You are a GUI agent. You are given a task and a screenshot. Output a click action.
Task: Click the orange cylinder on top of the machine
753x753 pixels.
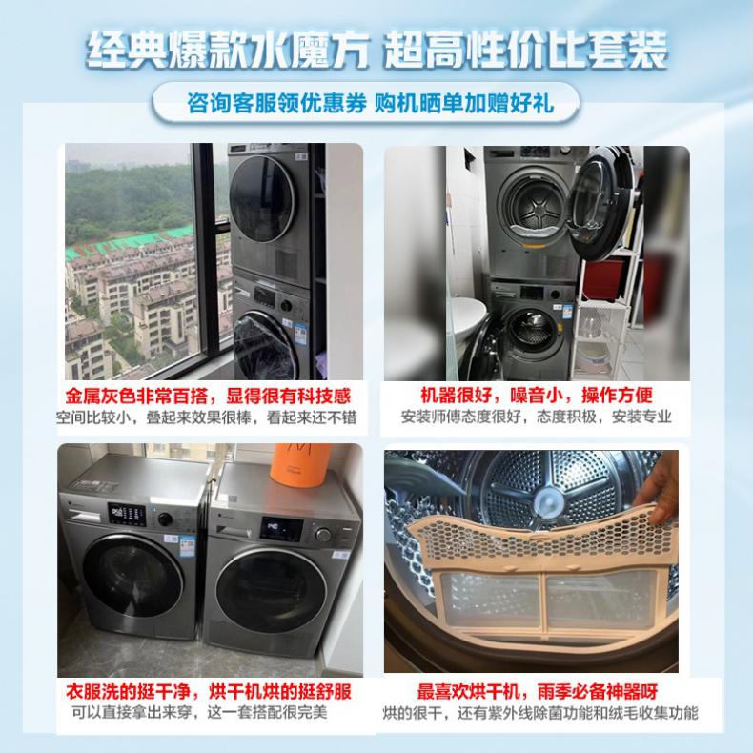click(300, 464)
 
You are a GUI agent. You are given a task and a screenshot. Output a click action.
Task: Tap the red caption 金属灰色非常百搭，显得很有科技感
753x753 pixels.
click(209, 397)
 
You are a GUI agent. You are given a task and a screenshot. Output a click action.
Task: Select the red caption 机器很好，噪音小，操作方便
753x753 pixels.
click(537, 395)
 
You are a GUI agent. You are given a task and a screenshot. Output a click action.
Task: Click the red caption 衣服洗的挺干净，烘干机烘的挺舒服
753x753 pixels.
click(209, 692)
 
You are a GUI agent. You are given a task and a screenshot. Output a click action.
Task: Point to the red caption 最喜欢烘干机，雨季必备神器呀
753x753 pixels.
click(537, 692)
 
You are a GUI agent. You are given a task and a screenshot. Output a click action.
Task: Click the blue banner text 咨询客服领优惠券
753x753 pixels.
click(276, 103)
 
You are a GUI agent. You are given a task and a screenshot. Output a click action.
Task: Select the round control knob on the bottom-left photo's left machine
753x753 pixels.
click(165, 519)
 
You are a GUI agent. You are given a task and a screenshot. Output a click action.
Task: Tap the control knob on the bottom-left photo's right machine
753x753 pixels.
click(323, 535)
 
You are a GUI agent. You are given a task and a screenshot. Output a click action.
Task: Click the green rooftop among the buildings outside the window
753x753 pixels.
click(130, 242)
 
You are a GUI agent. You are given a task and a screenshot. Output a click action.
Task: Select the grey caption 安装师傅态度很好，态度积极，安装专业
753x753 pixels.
click(537, 417)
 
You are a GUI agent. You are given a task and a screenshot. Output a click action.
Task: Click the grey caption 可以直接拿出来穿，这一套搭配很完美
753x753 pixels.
click(200, 712)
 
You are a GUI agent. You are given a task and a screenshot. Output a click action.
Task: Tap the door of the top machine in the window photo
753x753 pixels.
click(262, 198)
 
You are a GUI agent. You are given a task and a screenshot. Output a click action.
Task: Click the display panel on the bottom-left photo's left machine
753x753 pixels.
click(127, 514)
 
